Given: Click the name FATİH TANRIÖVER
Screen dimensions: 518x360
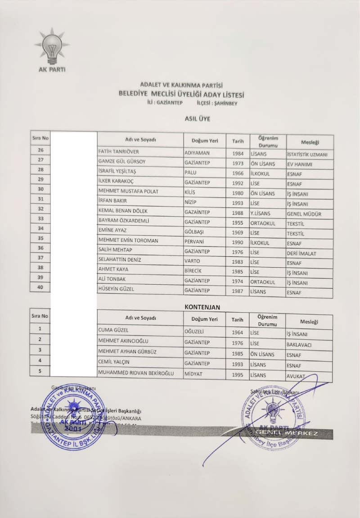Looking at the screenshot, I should (x=119, y=152).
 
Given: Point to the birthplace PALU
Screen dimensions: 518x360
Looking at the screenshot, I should (x=191, y=172).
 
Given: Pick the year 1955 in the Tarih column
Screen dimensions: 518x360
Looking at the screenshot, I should (x=238, y=222).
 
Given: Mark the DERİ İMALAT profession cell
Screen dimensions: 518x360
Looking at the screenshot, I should (x=301, y=254).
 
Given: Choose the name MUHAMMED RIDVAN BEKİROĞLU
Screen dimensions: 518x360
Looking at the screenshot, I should (x=136, y=373).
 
